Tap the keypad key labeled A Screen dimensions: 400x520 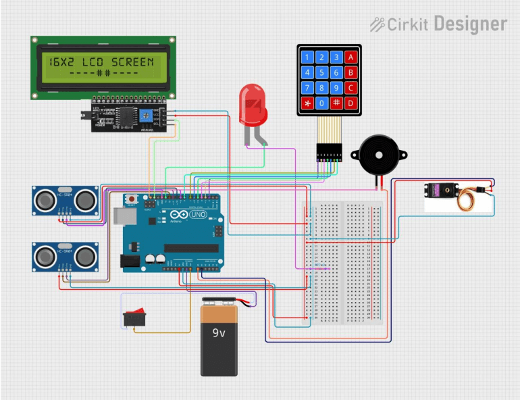(x=350, y=57)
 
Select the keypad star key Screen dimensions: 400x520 (x=307, y=103)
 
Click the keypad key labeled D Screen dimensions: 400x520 (x=350, y=103)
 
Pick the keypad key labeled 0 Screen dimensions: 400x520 (x=321, y=103)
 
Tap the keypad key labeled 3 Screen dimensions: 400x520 (x=336, y=57)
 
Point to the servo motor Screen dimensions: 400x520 (x=443, y=195)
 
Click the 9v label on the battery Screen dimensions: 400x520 (x=219, y=332)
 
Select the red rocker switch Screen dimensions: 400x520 (x=134, y=316)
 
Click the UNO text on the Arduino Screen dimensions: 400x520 (x=198, y=214)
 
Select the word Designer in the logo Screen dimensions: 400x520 (x=470, y=24)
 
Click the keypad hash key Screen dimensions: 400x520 (x=336, y=103)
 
